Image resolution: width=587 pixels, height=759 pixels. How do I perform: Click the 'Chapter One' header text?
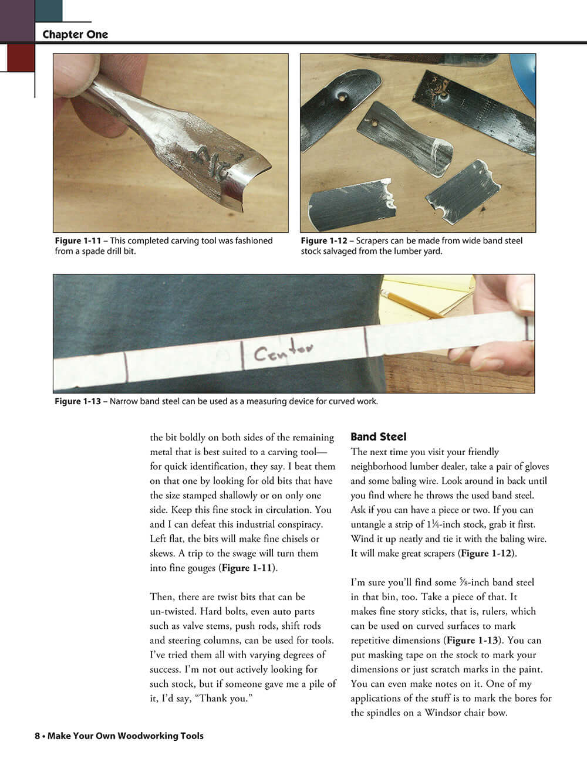tap(75, 35)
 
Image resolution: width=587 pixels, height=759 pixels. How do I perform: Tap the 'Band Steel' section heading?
tap(378, 437)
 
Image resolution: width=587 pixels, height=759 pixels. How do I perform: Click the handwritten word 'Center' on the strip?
tap(283, 352)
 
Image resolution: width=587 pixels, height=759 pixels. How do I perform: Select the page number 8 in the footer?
tap(37, 736)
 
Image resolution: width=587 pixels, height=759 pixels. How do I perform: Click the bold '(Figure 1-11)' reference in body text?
tap(248, 568)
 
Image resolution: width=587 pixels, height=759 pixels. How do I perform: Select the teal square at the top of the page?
tap(49, 11)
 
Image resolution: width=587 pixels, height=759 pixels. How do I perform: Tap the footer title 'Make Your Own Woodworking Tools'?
tap(125, 736)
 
